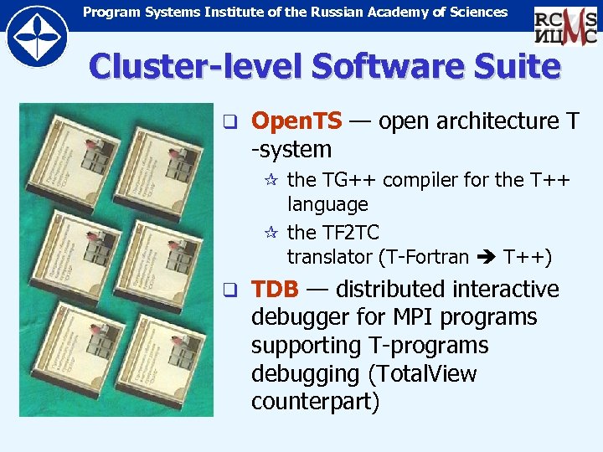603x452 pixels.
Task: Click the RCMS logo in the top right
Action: click(x=566, y=25)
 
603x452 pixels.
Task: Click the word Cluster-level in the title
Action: click(x=192, y=66)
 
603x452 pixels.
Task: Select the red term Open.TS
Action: click(x=297, y=122)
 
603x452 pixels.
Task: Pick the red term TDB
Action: click(x=276, y=290)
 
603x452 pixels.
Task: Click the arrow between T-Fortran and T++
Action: click(x=486, y=257)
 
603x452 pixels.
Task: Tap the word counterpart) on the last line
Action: click(x=315, y=402)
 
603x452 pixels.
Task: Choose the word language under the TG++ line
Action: click(x=327, y=204)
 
